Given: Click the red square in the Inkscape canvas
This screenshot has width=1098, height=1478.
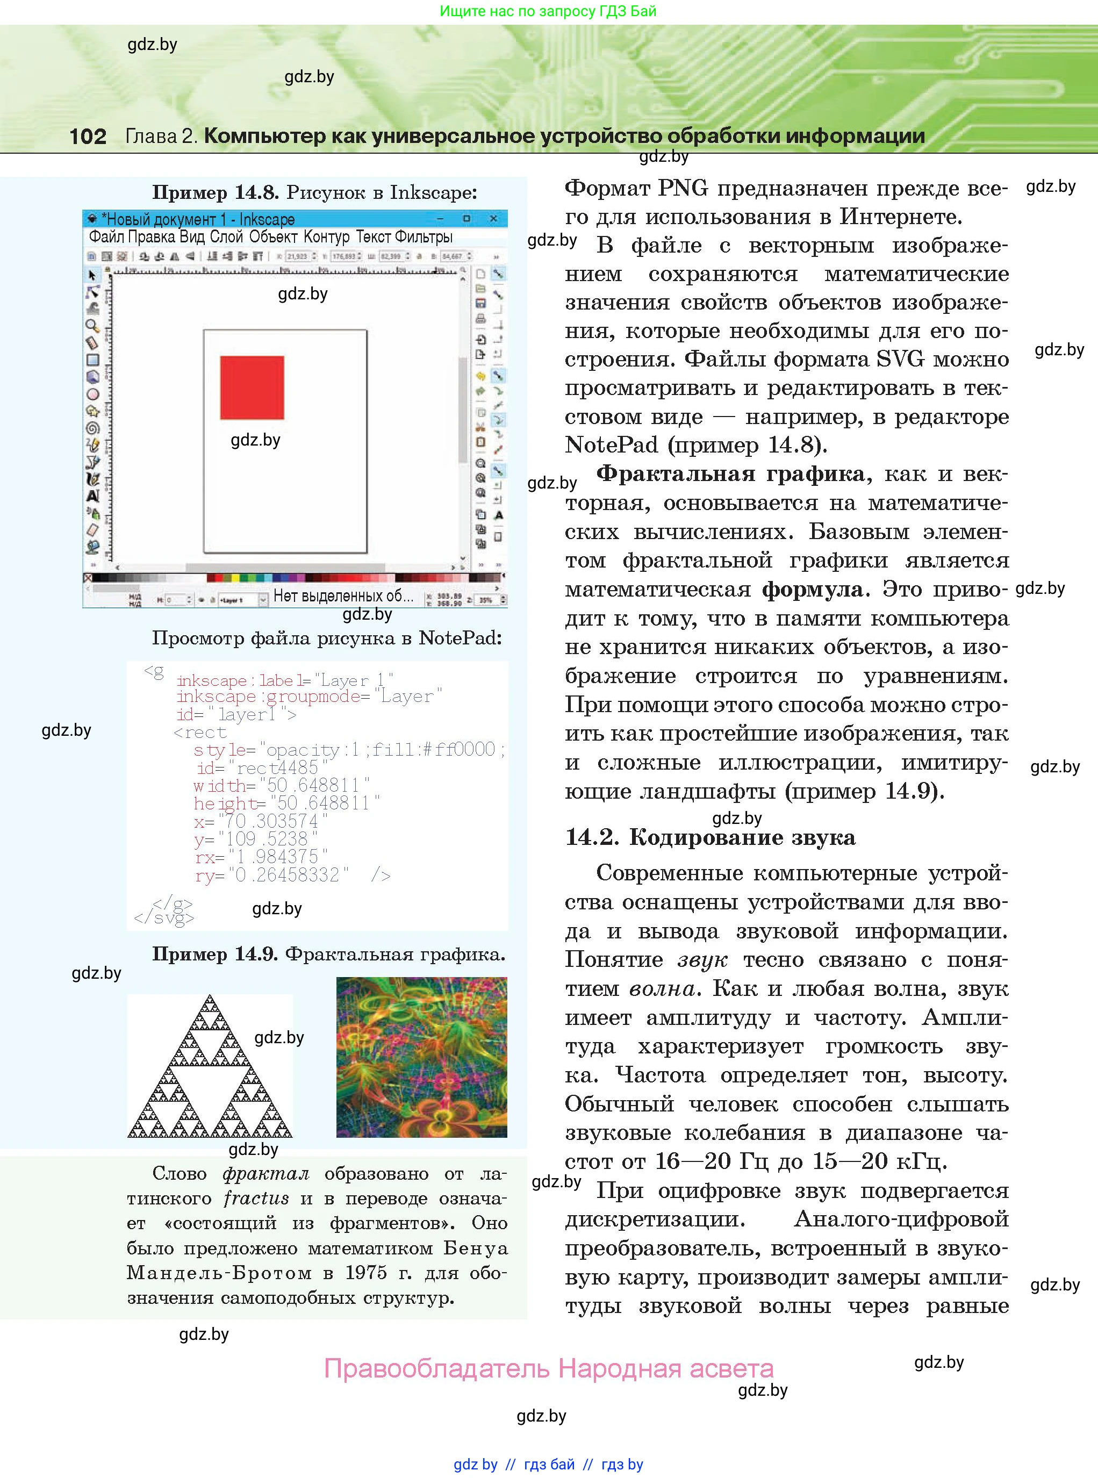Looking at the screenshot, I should tap(252, 388).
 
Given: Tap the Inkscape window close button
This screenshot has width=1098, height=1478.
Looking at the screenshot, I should tap(493, 218).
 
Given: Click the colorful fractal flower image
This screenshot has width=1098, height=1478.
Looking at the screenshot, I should tap(421, 1057).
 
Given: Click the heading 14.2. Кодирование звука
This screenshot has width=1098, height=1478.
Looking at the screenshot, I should tap(710, 837).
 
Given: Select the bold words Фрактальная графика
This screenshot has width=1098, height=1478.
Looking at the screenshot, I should tap(730, 474).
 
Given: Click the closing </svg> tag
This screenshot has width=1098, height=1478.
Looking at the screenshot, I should tap(163, 918).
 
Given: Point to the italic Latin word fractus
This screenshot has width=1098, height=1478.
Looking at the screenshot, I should tap(256, 1198).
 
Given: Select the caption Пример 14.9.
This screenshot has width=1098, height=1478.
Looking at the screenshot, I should tap(214, 955).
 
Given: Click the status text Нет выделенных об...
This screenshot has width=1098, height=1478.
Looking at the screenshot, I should tap(343, 596).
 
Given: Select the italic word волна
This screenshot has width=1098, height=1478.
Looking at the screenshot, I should tap(663, 989).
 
